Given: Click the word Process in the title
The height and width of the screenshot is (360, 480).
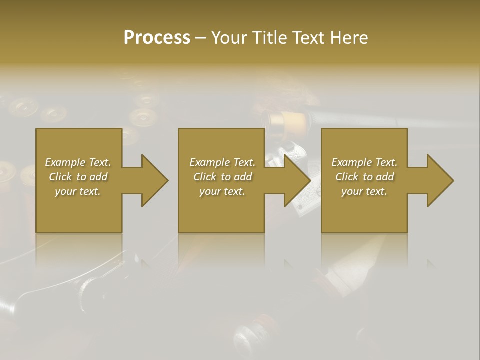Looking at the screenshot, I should click(x=157, y=38).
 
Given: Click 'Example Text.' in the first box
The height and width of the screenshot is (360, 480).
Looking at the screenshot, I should click(x=78, y=162).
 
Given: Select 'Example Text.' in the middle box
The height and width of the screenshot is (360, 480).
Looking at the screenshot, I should click(x=222, y=162).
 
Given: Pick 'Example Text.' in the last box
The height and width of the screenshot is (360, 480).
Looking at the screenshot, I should click(x=364, y=162).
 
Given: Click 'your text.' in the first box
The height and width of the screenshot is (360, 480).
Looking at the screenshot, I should click(x=78, y=191).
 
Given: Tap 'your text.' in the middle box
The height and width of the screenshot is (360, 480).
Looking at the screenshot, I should click(x=222, y=191).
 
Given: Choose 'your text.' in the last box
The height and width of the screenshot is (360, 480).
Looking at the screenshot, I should click(x=364, y=191).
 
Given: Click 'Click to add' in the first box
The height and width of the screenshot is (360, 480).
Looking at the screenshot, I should click(x=78, y=177).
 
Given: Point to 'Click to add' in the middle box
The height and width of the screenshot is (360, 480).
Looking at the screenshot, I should click(x=222, y=177).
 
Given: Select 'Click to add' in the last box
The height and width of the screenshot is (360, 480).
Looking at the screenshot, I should click(x=364, y=177).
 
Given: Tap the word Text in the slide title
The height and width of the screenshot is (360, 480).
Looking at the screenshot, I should click(x=309, y=38).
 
